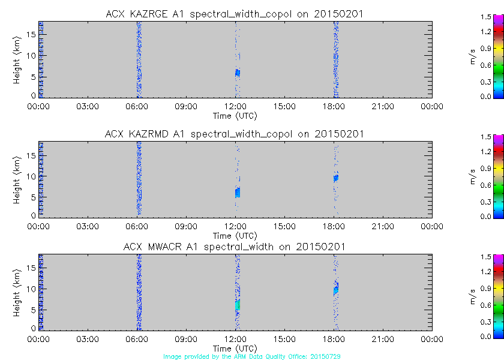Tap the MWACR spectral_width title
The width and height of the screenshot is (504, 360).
pos(235,247)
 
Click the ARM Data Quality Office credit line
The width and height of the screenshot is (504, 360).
pos(252,356)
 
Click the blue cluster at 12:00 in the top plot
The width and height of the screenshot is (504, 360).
pos(237,73)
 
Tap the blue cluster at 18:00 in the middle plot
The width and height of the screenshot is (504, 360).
pos(336,178)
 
